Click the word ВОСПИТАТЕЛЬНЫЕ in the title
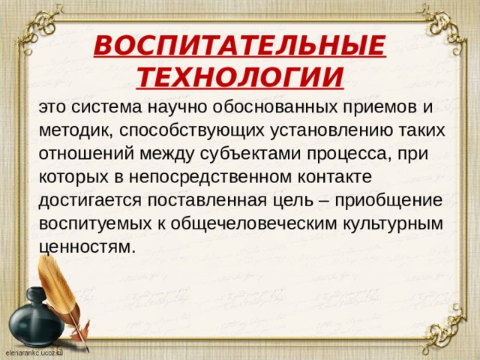click(239, 47)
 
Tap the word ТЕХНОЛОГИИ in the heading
click(241, 76)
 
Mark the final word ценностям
click(86, 247)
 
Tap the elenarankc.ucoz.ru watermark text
click(34, 351)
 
